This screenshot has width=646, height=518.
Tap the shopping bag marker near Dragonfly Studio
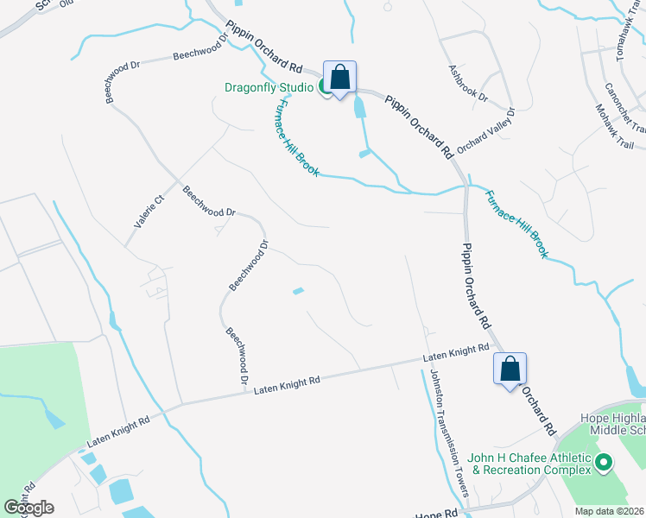tap(340, 78)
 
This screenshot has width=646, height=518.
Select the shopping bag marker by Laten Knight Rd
tap(510, 370)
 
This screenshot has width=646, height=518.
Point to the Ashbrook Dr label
tap(468, 82)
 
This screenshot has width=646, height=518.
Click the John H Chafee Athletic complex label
tap(529, 464)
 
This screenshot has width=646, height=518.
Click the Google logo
tap(28, 508)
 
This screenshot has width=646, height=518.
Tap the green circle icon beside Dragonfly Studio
tap(325, 85)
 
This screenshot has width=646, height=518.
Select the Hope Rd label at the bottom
tap(437, 514)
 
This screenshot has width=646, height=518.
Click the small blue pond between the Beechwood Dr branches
tap(298, 292)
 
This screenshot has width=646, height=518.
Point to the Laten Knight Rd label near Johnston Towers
tap(456, 352)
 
